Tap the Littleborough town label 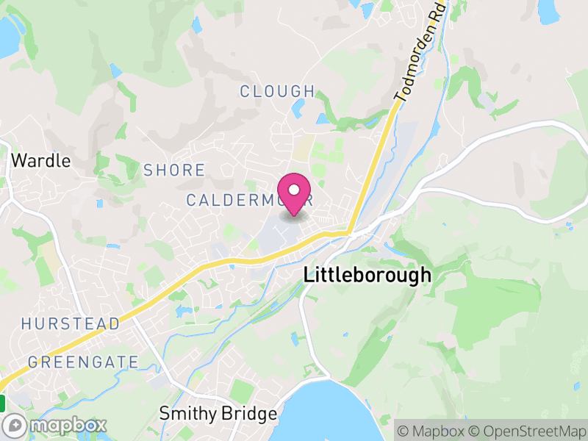click(367, 276)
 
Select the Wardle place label click(41, 160)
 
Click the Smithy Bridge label click(218, 414)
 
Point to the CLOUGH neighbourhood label click(277, 91)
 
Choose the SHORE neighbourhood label click(174, 171)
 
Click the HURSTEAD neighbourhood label click(71, 323)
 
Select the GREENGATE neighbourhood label click(83, 362)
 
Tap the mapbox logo click(56, 425)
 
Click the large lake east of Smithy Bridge click(331, 415)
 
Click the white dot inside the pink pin click(294, 190)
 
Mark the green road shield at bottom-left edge click(2, 403)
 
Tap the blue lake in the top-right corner click(548, 10)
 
